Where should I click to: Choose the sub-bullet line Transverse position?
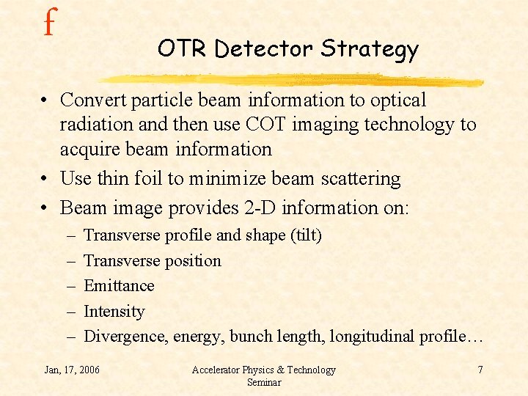point(152,261)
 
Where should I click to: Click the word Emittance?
point(119,286)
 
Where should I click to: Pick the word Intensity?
point(114,312)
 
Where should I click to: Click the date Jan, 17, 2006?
point(72,370)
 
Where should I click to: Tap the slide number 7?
point(480,370)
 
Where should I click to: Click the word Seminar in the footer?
point(264,382)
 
